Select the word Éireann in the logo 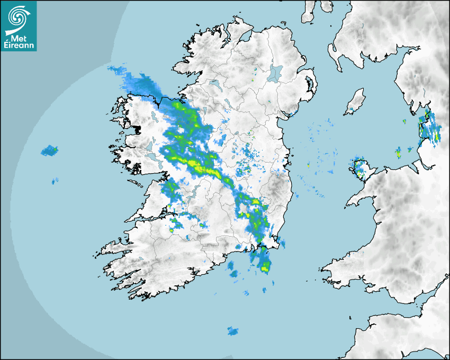point(19,46)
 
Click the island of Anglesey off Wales point(361,168)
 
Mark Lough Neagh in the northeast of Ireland point(275,73)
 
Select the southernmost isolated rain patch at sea point(232,331)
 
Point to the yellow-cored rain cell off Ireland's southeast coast point(264,263)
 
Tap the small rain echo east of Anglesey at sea point(398,154)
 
